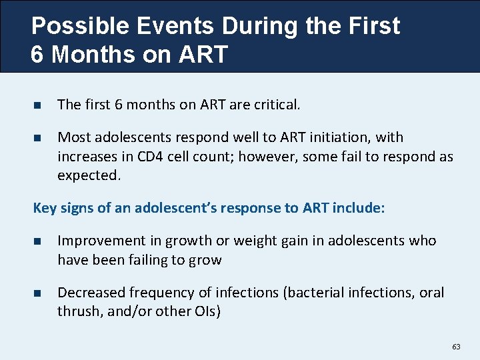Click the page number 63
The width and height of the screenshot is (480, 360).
456,347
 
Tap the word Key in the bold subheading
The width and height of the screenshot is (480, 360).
45,207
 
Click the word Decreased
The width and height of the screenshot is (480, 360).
91,293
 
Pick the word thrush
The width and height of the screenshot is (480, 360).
77,311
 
